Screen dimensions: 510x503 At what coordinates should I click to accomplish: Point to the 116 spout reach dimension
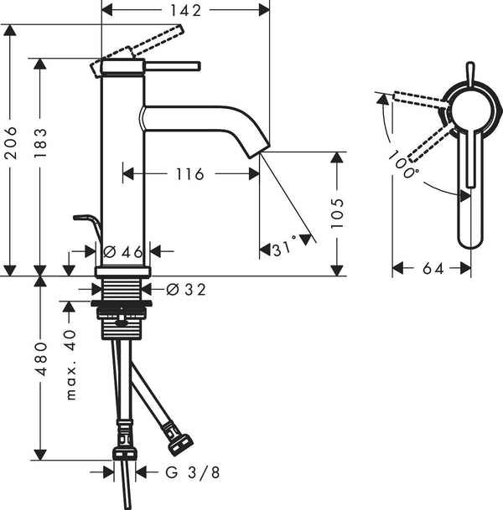189,174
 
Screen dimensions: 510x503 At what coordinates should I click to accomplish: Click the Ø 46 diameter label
122,251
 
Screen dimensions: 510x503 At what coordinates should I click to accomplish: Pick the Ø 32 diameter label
186,290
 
